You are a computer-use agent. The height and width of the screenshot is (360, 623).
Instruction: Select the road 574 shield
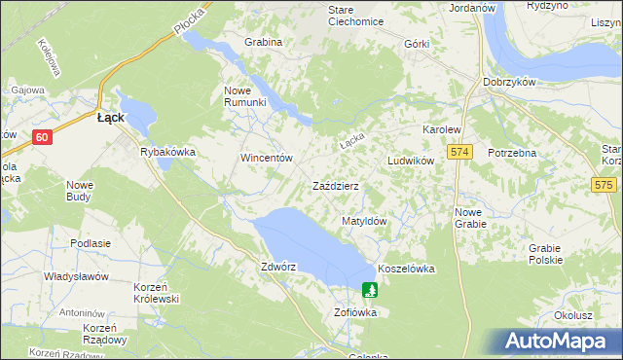(x=460, y=153)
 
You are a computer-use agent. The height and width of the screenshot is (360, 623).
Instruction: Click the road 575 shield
(x=605, y=184)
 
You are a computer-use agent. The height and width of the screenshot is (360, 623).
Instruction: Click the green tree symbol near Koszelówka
(x=370, y=289)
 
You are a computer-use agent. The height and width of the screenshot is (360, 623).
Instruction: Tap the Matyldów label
(x=365, y=221)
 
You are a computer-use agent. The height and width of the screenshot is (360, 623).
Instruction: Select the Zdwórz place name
(x=278, y=266)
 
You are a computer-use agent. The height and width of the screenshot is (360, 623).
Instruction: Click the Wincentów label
(x=267, y=157)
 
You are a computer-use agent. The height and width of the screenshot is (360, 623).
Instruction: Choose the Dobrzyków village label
(x=509, y=82)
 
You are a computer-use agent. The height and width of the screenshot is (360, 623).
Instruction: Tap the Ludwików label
(x=410, y=161)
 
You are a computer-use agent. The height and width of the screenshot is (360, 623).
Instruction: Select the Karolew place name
(x=440, y=129)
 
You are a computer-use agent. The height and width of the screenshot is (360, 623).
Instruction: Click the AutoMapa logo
(x=556, y=342)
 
